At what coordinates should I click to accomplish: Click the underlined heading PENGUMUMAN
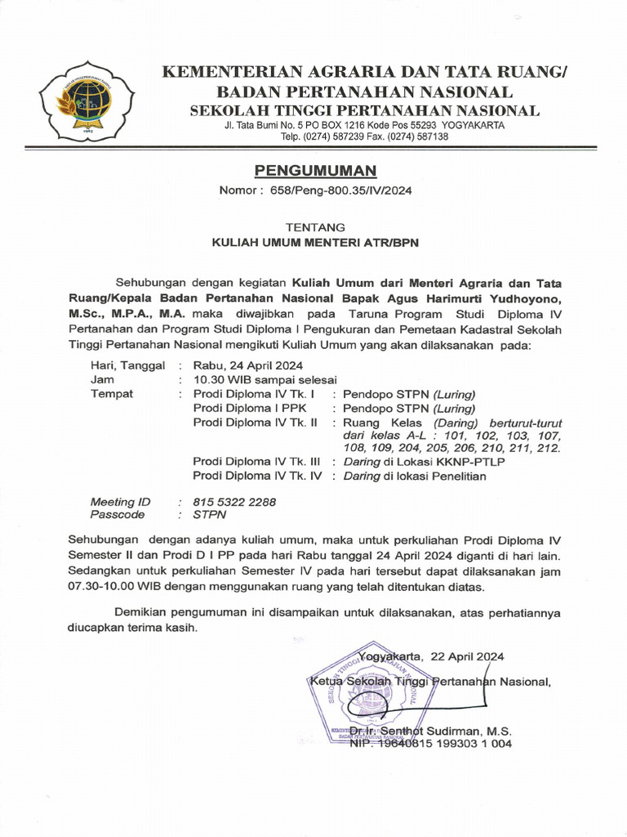(x=316, y=171)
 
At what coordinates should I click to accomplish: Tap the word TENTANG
(x=315, y=226)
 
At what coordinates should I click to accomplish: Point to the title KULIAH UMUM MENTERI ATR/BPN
(x=315, y=242)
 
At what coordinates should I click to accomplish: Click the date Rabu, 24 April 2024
(x=248, y=365)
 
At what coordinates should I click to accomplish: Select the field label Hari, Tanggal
(x=128, y=365)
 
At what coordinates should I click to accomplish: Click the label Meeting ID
(x=121, y=501)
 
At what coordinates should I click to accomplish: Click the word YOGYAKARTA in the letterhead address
(x=475, y=125)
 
